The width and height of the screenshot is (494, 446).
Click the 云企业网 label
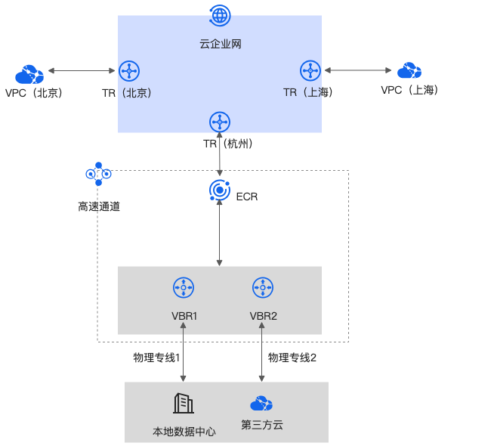(220, 45)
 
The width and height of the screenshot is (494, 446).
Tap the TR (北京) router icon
(129, 71)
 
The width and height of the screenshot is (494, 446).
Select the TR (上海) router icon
(310, 70)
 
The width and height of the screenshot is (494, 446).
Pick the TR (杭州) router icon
(220, 121)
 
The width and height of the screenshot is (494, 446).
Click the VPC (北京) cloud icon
(29, 74)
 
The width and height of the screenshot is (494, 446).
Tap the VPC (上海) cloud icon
(409, 71)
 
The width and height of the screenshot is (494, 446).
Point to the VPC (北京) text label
(33, 93)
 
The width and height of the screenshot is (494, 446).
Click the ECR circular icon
(219, 191)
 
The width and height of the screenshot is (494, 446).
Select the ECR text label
(247, 197)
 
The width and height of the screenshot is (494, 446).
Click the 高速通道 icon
(98, 174)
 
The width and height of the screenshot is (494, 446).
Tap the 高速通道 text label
(98, 206)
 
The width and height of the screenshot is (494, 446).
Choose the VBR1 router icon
(184, 287)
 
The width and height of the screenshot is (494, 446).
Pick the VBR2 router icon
(263, 287)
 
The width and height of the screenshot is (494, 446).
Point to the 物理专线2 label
(292, 357)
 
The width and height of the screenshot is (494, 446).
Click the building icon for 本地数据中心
(184, 404)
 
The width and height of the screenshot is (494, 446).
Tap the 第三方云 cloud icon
(261, 403)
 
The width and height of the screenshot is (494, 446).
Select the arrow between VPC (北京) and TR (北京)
(82, 71)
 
